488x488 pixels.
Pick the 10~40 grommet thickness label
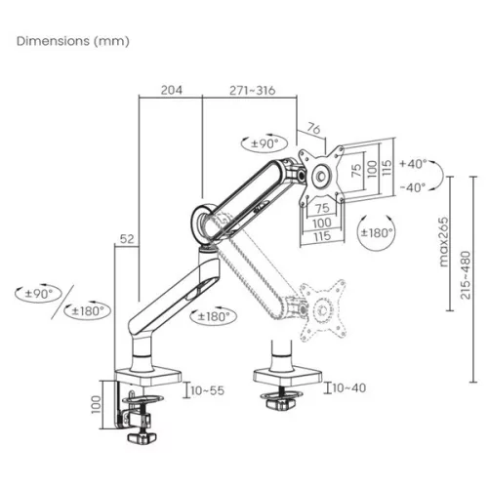(348, 388)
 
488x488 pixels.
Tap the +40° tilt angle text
(414, 163)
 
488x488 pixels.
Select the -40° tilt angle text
(414, 187)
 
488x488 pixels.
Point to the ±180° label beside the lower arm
(214, 316)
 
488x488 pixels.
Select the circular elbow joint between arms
(206, 220)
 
